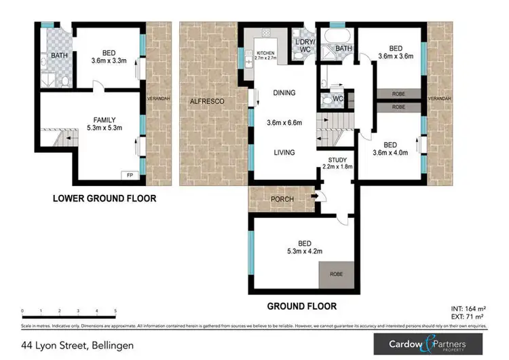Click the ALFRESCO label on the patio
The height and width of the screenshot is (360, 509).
click(207, 101)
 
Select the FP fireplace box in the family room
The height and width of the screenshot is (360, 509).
click(130, 175)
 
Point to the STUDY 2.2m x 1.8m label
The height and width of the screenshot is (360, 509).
click(336, 162)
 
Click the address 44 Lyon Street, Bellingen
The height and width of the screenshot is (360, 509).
click(78, 345)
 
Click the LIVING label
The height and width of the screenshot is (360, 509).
click(284, 153)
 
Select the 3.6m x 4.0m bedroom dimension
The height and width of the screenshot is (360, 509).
click(390, 153)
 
